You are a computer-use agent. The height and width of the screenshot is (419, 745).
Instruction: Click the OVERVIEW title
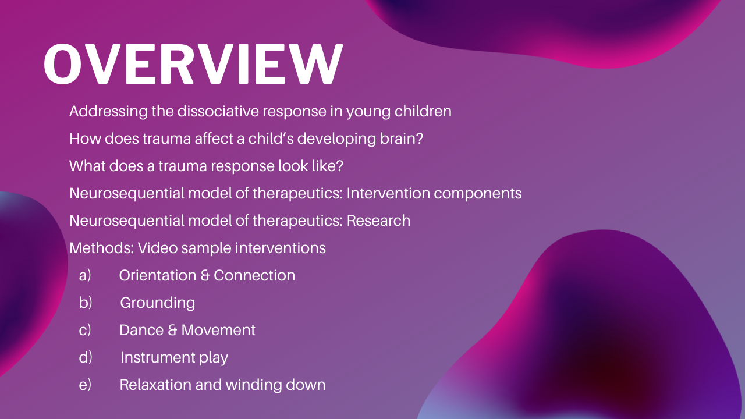(x=193, y=64)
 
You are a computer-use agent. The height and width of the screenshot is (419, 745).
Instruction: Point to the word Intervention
(x=388, y=193)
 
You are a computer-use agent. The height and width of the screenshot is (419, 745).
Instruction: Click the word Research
(x=378, y=221)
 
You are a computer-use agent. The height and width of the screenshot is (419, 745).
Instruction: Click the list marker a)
(x=85, y=276)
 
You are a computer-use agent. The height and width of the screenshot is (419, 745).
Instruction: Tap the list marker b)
(x=86, y=303)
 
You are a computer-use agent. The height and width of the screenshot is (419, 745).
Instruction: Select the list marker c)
(x=85, y=330)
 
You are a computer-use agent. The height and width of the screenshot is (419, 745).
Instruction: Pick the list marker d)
(x=86, y=357)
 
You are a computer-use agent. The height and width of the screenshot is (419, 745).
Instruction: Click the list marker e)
(x=85, y=385)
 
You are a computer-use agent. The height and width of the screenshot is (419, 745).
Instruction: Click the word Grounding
(x=158, y=303)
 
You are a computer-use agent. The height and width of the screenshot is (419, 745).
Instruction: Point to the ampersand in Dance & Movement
(x=172, y=330)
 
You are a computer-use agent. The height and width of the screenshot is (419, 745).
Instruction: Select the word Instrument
(x=158, y=357)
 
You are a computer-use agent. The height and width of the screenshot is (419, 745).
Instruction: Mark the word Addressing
(x=108, y=111)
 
